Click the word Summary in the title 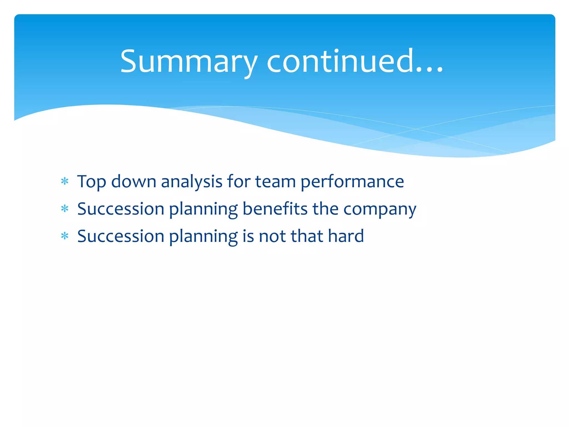pyautogui.click(x=189, y=62)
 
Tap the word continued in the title pyautogui.click(x=340, y=62)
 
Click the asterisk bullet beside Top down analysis pyautogui.click(x=65, y=182)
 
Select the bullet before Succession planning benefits pyautogui.click(x=65, y=209)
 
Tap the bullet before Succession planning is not pyautogui.click(x=65, y=236)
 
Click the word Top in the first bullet pyautogui.click(x=91, y=182)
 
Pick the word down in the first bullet pyautogui.click(x=134, y=182)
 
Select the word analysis pyautogui.click(x=192, y=182)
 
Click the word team pyautogui.click(x=275, y=182)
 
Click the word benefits pyautogui.click(x=275, y=209)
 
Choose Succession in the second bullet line pyautogui.click(x=121, y=209)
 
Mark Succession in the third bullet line pyautogui.click(x=121, y=236)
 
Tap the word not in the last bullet pyautogui.click(x=272, y=236)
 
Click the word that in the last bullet pyautogui.click(x=307, y=236)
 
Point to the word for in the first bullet pyautogui.click(x=239, y=182)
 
